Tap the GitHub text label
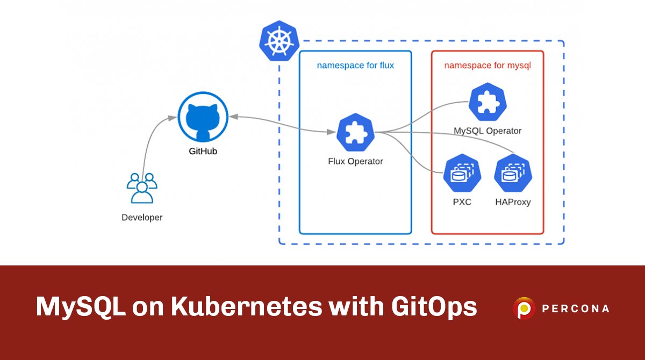203,152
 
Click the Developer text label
142,218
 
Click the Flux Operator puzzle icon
355,133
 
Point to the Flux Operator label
355,161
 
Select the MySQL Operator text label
488,131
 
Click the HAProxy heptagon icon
512,174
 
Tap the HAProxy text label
512,203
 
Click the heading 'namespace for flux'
355,66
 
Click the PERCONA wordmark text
575,309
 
